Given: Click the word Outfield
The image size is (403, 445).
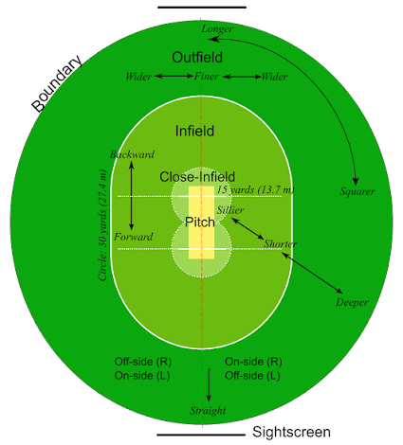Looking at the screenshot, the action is tap(197, 58).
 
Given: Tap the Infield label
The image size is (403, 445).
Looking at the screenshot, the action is tap(194, 131).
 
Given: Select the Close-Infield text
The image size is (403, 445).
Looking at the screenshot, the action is tap(197, 177).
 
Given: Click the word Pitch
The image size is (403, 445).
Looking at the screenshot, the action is tap(200, 222).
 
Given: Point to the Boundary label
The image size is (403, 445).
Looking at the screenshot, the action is tap(57, 83).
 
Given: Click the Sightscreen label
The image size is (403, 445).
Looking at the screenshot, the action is tap(291, 432).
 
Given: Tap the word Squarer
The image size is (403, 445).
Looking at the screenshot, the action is tap(357, 191).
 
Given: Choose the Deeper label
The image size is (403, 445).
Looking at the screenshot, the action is tap(352, 302).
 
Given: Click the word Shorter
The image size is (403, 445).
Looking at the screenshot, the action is tap(280, 243).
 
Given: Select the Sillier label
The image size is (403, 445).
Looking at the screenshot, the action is tap(230, 210).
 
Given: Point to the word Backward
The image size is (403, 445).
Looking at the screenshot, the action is tap(132, 154).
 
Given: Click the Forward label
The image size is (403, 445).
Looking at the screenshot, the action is tap(133, 237).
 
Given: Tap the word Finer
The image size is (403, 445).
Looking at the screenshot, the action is tap(207, 76).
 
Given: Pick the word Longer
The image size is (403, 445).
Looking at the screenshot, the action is tap(217, 28).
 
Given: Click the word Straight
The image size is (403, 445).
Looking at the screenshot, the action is tap(208, 411).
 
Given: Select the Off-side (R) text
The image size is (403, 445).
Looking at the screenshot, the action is tap(143, 362).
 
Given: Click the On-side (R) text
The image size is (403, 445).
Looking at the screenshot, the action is tap(253, 362).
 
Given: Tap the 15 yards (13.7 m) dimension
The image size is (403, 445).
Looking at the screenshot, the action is tap(255, 189).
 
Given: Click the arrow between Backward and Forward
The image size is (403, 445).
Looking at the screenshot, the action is tap(132, 195).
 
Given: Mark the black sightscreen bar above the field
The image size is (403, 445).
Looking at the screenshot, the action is tap(202, 7).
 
